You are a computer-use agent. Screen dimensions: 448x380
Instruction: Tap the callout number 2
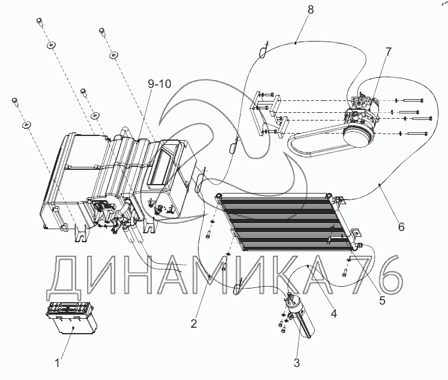pyautogui.click(x=194, y=324)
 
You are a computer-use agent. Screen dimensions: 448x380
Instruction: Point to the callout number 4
pyautogui.click(x=334, y=312)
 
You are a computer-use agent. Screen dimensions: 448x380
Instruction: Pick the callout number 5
pyautogui.click(x=382, y=300)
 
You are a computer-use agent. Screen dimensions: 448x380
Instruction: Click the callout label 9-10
pyautogui.click(x=159, y=84)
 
